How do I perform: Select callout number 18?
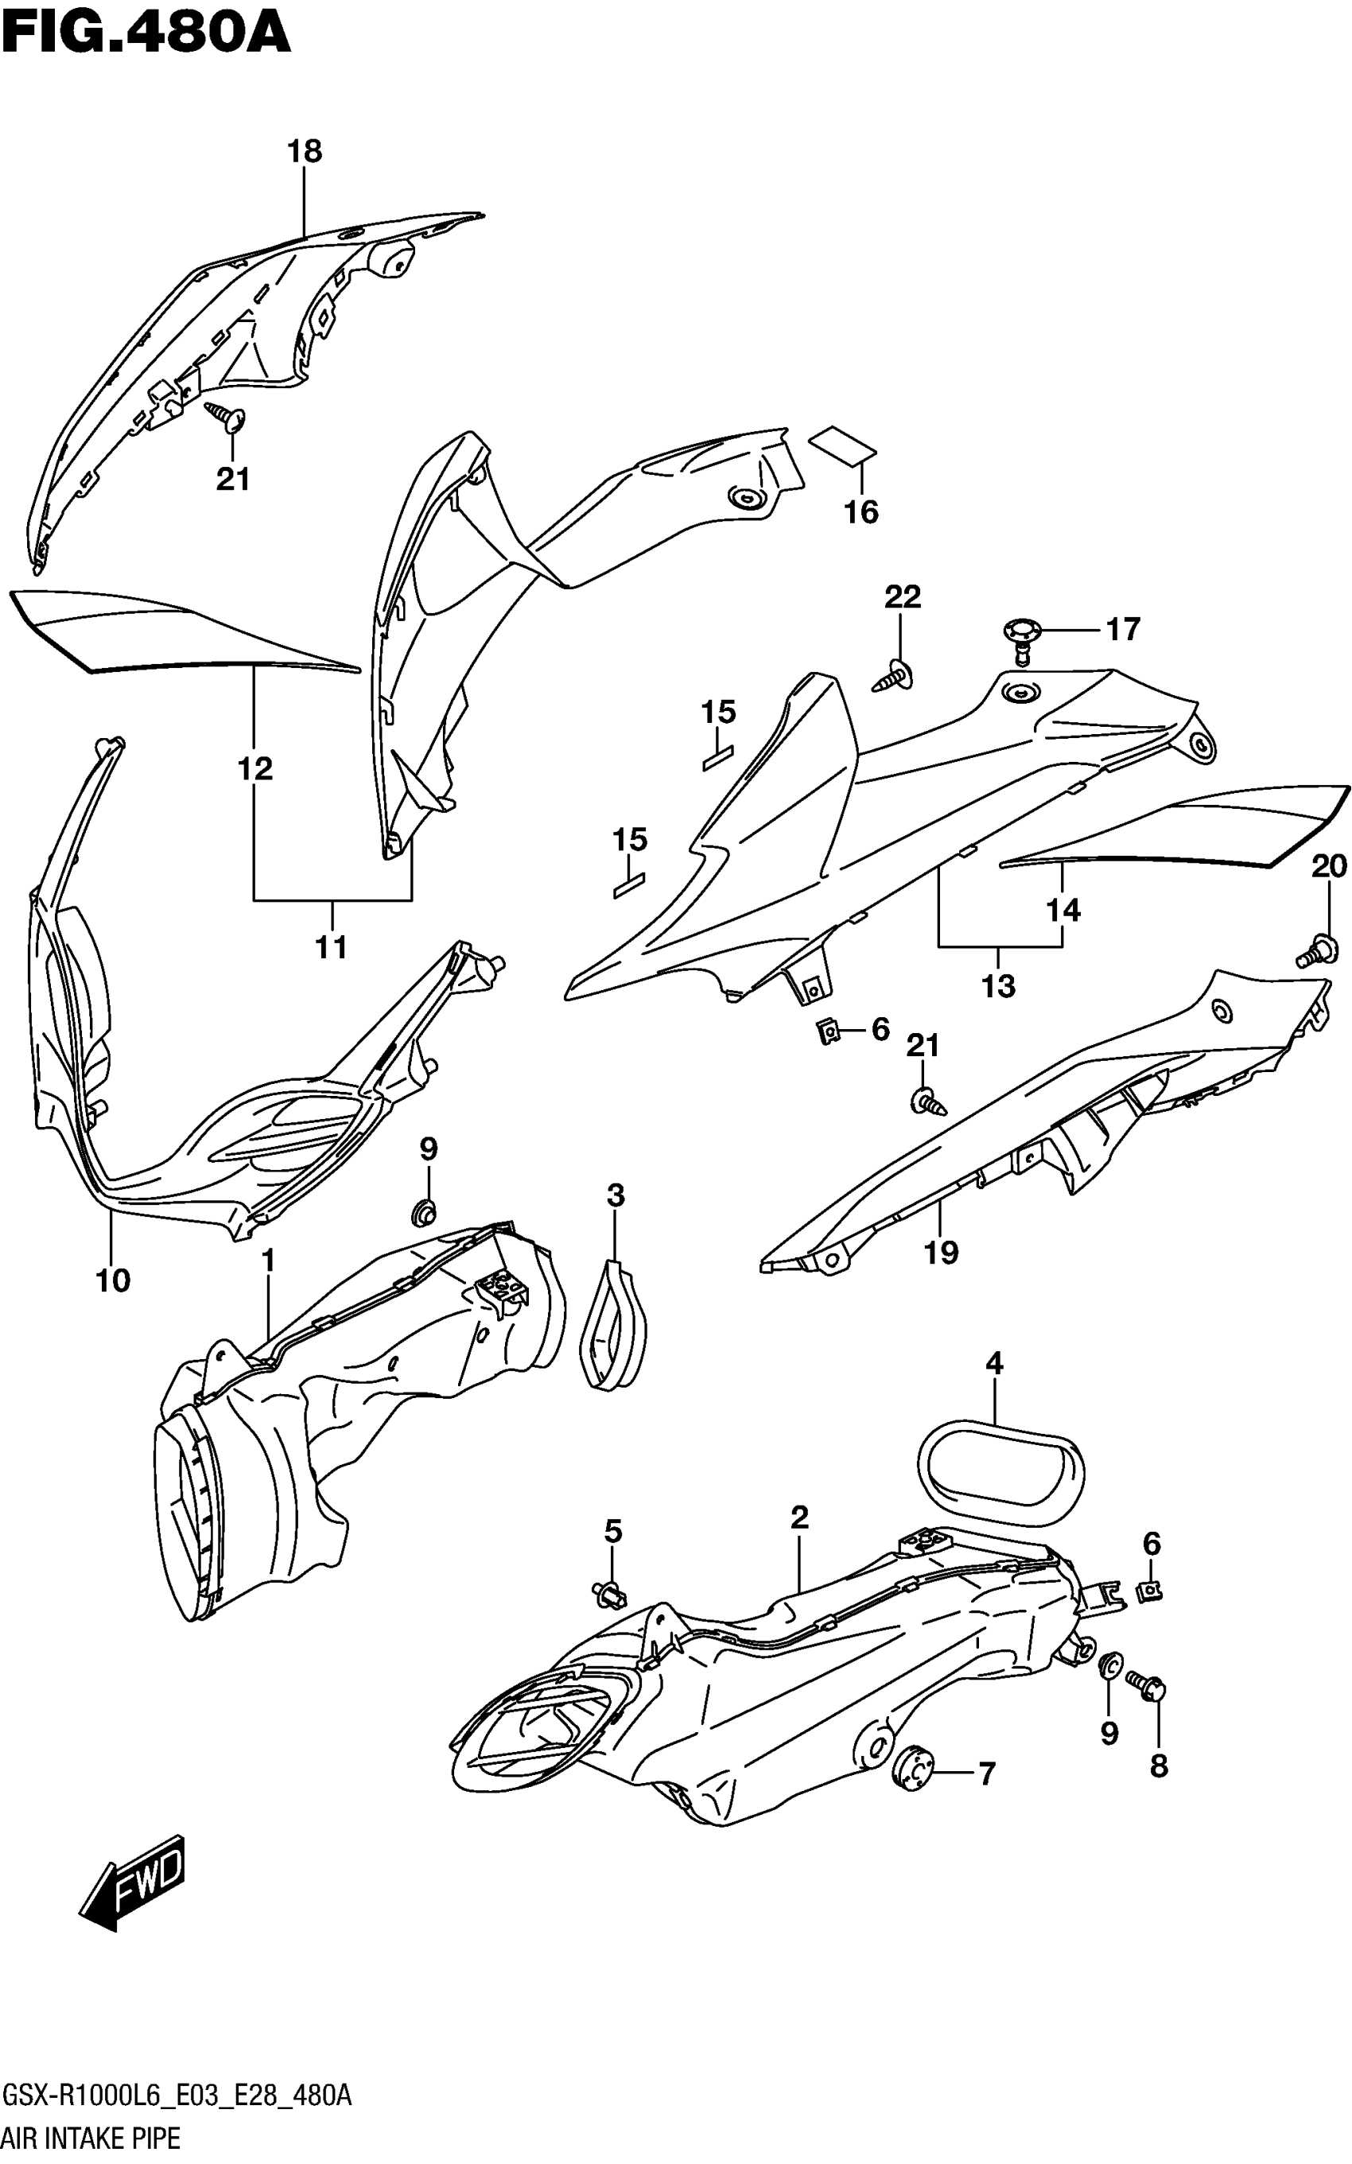coord(304,151)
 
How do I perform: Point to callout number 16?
coord(861,512)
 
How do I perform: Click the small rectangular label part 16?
coord(842,445)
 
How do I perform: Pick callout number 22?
coord(902,596)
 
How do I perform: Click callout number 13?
coord(998,985)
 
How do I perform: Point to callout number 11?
coord(331,946)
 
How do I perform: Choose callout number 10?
coord(113,1280)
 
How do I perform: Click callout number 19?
coord(941,1253)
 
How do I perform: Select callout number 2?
coord(799,1517)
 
